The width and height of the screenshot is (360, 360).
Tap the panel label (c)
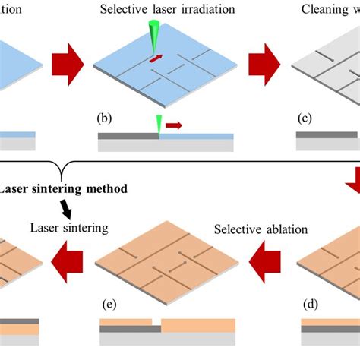[x=304, y=118]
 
